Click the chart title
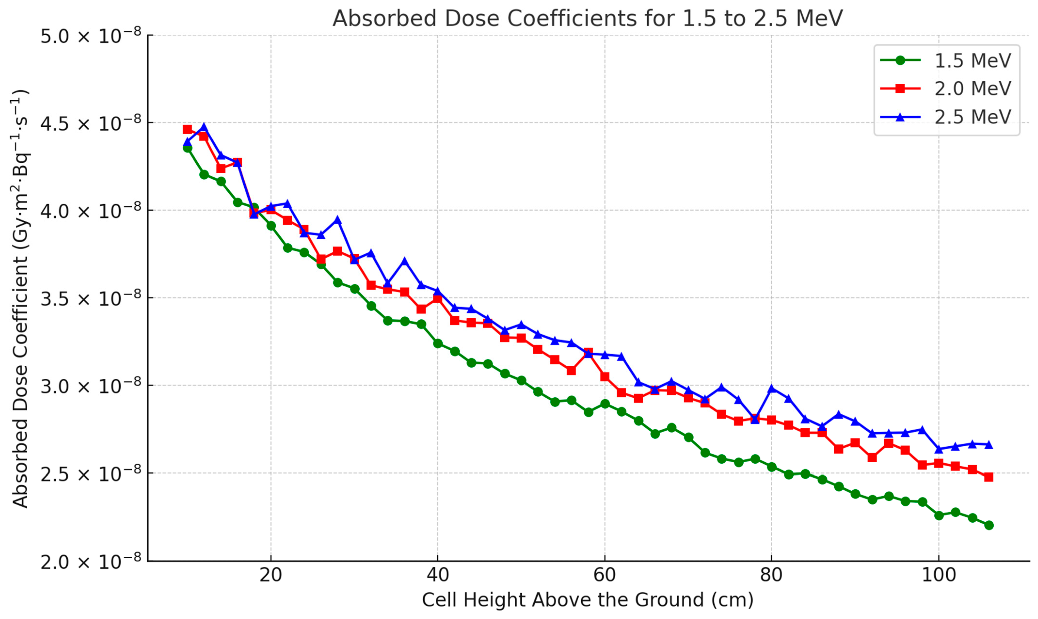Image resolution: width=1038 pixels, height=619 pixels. pos(587,19)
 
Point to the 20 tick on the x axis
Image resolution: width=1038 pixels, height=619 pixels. pos(271,575)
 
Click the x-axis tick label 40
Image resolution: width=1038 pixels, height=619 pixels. pos(438,575)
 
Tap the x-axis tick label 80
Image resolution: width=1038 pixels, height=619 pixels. pos(771,575)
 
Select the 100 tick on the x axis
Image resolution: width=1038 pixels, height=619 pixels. pos(938,575)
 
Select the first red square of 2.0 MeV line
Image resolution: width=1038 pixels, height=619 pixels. pos(187,129)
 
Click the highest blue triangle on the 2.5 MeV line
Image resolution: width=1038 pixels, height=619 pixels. pos(204,127)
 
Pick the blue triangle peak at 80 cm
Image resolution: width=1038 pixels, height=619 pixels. pos(771,388)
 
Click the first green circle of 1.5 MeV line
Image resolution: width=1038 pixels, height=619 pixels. pos(187,148)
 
